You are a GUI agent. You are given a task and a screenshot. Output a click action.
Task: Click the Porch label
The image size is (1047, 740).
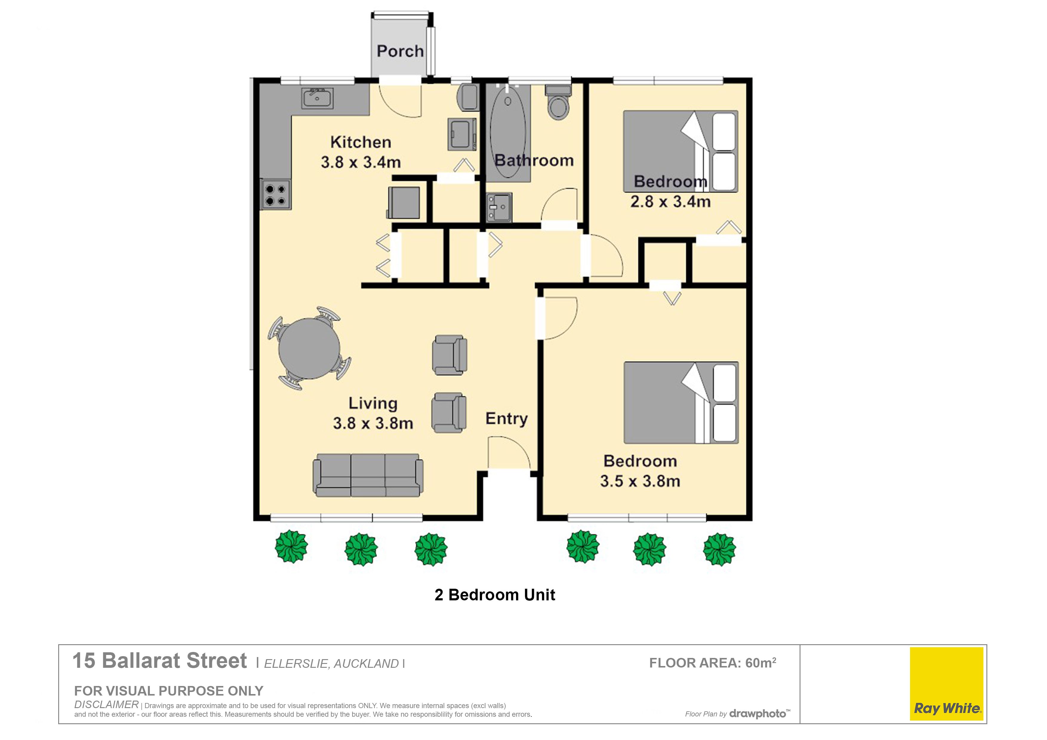pos(400,51)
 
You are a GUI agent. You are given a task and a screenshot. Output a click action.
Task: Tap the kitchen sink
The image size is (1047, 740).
pos(317,98)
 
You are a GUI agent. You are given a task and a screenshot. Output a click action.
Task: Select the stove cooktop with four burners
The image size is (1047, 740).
pos(275,195)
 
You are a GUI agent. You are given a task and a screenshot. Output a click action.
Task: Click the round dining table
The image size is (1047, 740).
pos(310,348)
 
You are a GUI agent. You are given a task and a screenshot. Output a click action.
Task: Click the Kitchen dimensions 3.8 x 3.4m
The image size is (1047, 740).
pos(361,162)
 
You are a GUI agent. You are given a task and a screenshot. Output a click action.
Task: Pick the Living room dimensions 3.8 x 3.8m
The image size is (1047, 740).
pos(373,423)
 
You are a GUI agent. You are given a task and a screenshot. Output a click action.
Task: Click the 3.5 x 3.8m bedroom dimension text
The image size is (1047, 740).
pos(640,481)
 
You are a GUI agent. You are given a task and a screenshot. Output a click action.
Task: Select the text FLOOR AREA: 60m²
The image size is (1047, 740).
pos(713,662)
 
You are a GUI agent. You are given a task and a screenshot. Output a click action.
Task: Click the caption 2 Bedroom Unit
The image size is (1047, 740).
pos(495,595)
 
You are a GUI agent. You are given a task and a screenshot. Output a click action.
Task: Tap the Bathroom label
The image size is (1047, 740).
pos(534,161)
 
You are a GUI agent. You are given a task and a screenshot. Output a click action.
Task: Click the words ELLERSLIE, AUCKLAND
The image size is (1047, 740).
pos(332,664)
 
